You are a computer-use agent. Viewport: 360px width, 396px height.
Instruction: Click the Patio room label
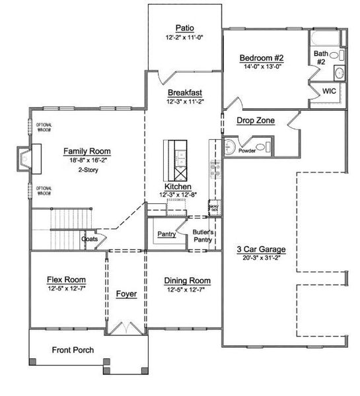click(x=184, y=28)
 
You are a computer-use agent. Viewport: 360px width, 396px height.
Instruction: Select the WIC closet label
click(x=330, y=92)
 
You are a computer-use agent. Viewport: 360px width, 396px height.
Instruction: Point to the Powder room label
click(x=247, y=150)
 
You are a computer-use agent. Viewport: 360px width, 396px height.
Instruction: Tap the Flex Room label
click(x=64, y=279)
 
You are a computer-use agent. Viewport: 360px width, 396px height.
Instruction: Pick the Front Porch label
click(x=73, y=350)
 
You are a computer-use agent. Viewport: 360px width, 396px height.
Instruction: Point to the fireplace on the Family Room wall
click(x=24, y=159)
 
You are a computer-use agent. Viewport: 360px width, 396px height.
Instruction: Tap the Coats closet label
click(x=90, y=239)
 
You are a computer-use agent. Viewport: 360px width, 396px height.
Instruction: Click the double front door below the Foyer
click(x=126, y=327)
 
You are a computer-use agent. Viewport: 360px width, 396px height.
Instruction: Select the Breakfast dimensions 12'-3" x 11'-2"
click(x=184, y=102)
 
